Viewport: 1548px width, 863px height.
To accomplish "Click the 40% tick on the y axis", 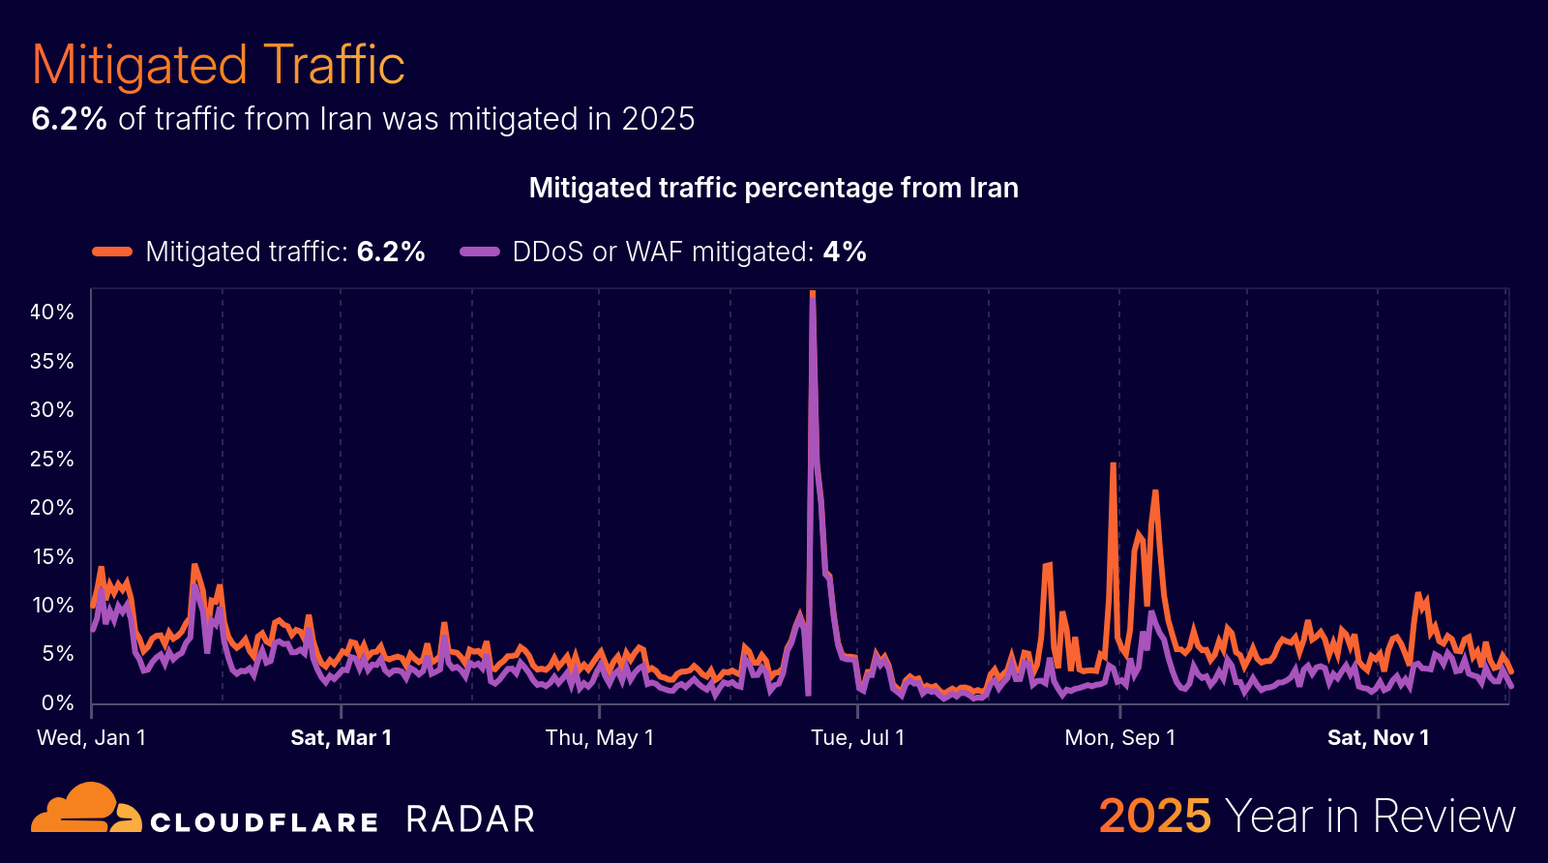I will coord(52,312).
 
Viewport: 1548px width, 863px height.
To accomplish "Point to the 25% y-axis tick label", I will coord(52,459).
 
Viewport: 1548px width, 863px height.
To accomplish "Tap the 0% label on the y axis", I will coord(57,703).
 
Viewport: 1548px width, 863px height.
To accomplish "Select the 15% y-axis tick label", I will coord(52,557).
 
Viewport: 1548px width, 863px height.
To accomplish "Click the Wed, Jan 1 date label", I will coord(91,738).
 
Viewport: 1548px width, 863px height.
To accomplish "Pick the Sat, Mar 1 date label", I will coord(341,738).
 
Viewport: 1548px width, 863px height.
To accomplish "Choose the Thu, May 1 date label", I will coord(599,738).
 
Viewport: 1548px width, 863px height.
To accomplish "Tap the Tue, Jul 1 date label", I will coord(857,738).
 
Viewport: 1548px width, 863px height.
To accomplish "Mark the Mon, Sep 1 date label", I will coord(1119,738).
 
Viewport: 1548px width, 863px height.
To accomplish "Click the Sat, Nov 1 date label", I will coord(1378,738).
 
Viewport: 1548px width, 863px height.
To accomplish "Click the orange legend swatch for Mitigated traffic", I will coord(112,252).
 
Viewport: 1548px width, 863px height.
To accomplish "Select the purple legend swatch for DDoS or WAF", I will coord(479,252).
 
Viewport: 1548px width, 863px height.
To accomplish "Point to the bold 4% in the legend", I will coord(845,252).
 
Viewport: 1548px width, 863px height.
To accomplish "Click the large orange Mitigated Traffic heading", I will coord(218,65).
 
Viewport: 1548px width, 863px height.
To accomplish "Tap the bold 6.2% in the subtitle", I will coord(69,119).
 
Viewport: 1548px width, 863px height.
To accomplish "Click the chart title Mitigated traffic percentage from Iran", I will coord(773,188).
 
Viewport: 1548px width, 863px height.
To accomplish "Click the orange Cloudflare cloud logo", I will coord(85,809).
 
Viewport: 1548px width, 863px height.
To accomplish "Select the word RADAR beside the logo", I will coord(470,819).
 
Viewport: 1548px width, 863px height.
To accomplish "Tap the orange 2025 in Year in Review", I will coord(1154,816).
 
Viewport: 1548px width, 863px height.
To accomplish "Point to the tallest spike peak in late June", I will coord(813,293).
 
